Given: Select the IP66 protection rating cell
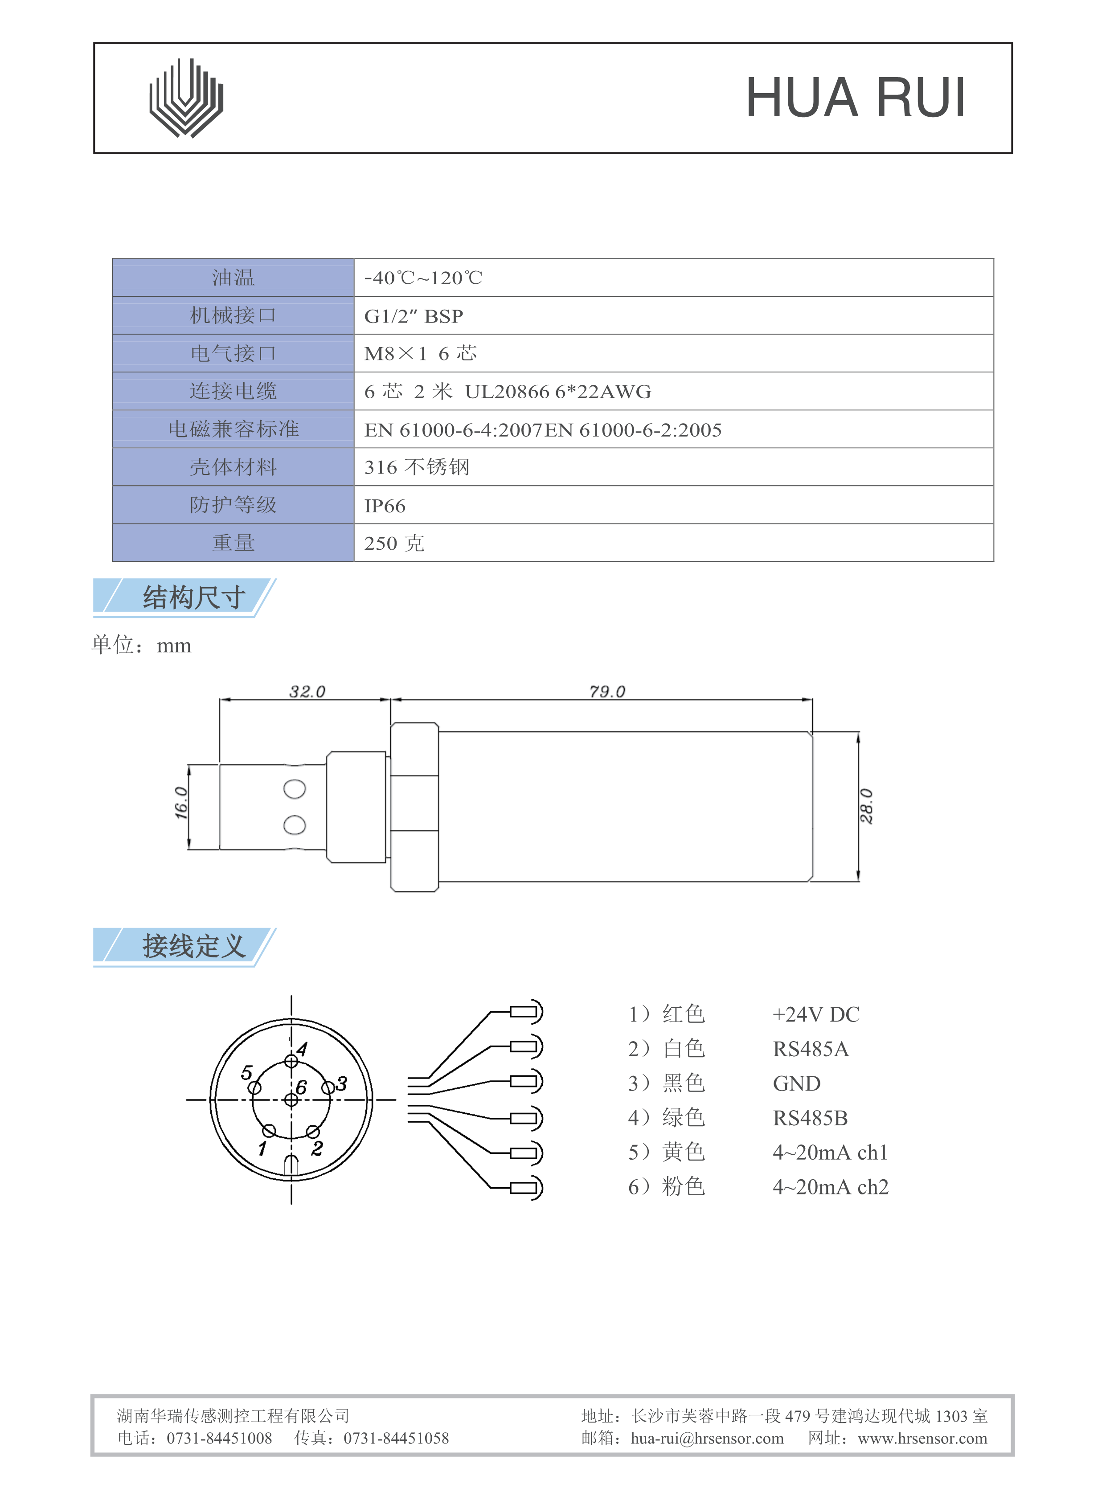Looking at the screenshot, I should [385, 506].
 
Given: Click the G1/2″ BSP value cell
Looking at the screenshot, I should [413, 316].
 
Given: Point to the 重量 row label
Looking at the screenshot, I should [233, 543].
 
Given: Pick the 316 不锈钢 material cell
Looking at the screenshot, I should [417, 467].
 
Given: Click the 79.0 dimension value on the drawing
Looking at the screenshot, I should [606, 691].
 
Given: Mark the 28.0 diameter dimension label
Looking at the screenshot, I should [866, 806].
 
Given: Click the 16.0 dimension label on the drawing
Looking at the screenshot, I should [181, 802].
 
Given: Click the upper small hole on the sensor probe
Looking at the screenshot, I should [295, 789].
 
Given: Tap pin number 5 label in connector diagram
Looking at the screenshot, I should [246, 1073].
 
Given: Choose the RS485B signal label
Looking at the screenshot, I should [810, 1118].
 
